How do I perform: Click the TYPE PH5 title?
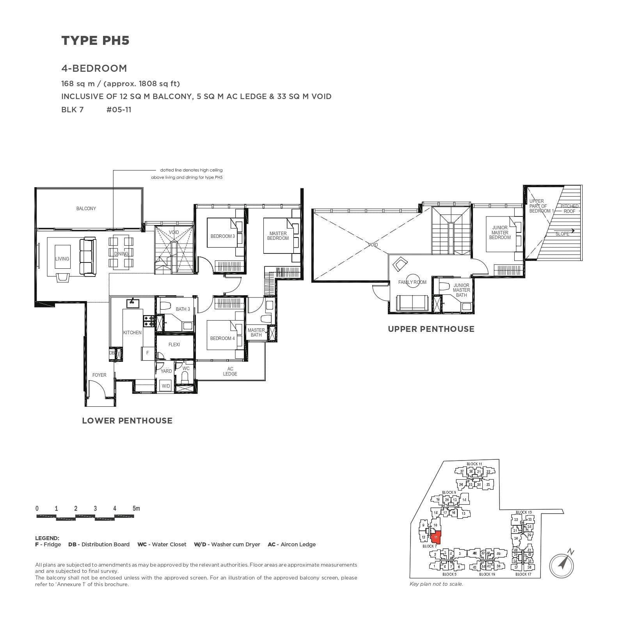click(x=95, y=41)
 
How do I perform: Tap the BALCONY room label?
click(x=86, y=209)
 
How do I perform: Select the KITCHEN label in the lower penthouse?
click(x=132, y=333)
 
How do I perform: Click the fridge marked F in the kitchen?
click(x=148, y=353)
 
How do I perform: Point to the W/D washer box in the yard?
click(x=166, y=386)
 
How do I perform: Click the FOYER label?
click(x=99, y=375)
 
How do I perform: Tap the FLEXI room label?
click(x=174, y=345)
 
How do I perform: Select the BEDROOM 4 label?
click(x=222, y=338)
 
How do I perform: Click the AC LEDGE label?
click(x=230, y=371)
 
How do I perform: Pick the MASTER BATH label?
click(x=256, y=333)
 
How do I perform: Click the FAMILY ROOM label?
click(x=412, y=282)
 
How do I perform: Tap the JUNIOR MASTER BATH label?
click(x=461, y=290)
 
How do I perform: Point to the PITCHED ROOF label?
click(x=569, y=209)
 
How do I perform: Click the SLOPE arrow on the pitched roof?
click(x=572, y=230)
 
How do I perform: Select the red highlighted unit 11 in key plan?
click(x=435, y=537)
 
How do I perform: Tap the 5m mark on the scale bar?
click(x=136, y=509)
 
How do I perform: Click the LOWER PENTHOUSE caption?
click(x=127, y=421)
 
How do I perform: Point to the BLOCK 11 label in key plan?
click(x=474, y=464)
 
